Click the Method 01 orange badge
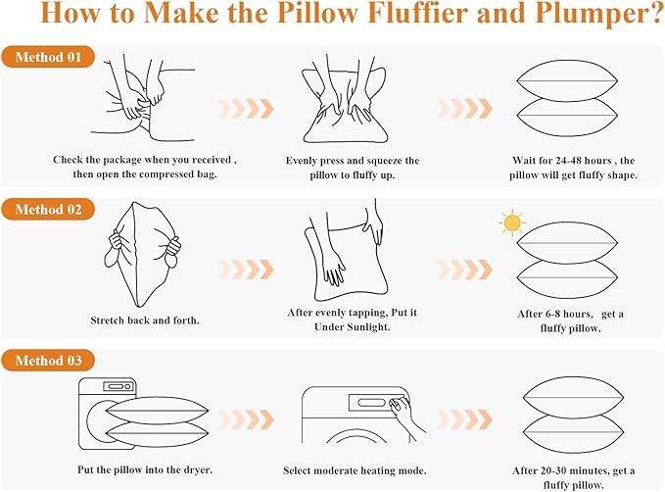[x=48, y=57]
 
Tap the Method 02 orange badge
[x=48, y=210]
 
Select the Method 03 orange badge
[x=48, y=362]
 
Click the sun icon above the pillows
[x=510, y=222]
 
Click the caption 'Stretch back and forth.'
[x=144, y=320]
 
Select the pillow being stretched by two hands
[x=144, y=254]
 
